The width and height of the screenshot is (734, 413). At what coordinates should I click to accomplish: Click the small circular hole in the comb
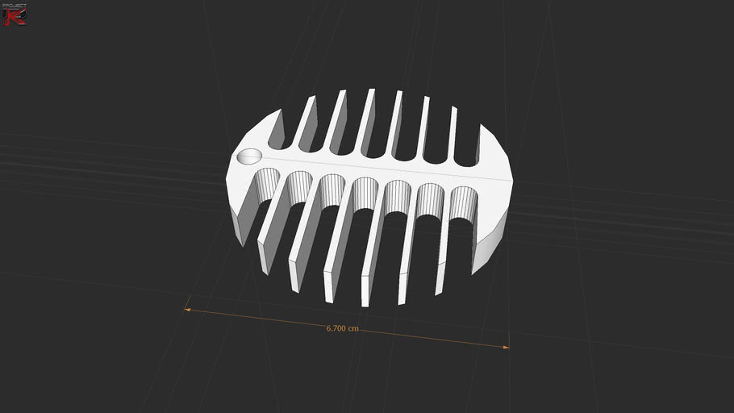250,156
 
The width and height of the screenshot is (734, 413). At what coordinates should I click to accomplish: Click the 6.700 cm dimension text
342,328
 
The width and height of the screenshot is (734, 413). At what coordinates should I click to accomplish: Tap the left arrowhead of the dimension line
187,309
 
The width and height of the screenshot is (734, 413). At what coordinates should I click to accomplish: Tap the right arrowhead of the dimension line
506,347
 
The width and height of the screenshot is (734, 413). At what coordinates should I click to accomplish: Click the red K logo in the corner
15,17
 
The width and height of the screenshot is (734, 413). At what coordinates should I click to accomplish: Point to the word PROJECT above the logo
15,6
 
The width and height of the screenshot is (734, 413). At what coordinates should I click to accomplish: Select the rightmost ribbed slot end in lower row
462,203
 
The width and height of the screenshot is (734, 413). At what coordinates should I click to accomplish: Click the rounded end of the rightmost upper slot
465,157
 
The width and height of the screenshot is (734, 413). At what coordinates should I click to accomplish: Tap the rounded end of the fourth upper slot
372,151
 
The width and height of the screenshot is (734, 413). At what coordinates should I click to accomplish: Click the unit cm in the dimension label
352,329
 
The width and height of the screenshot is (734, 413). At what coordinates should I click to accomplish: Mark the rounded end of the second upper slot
308,145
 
